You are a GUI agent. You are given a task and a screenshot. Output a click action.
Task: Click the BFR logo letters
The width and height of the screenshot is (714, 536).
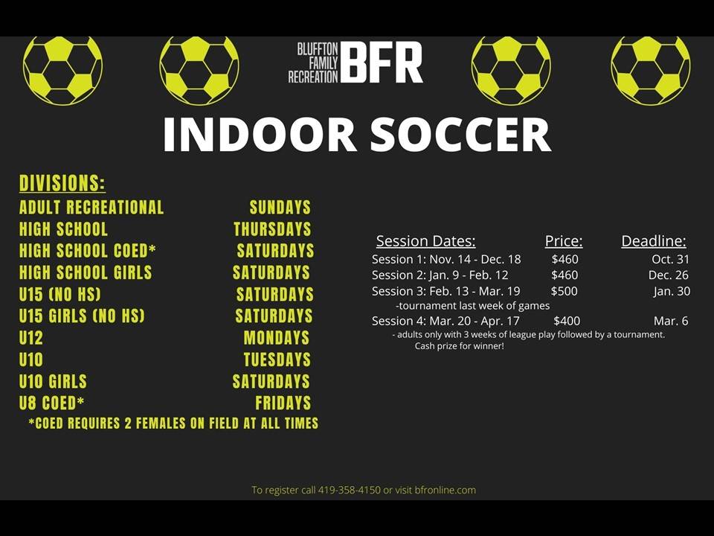click(382, 62)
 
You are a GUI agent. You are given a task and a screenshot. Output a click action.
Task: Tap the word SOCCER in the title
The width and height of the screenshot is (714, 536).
click(460, 134)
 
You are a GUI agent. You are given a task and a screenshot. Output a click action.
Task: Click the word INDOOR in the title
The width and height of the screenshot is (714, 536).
click(260, 135)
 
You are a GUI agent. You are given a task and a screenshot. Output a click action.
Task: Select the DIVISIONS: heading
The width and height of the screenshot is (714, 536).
click(62, 183)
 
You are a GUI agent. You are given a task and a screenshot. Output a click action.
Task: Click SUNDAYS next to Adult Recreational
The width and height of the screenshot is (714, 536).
click(280, 208)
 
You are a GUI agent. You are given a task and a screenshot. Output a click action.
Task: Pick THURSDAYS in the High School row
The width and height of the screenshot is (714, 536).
click(272, 229)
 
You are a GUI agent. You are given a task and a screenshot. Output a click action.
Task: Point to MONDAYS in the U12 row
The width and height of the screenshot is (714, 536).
click(277, 338)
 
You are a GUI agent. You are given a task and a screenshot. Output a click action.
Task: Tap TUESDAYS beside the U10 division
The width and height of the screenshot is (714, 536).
click(277, 360)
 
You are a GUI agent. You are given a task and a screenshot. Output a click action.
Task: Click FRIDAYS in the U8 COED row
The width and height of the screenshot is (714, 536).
click(283, 403)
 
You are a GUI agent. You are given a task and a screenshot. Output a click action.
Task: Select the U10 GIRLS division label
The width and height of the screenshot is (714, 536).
click(53, 381)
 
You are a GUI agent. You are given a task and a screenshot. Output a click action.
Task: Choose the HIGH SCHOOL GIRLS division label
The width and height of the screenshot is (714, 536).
click(86, 272)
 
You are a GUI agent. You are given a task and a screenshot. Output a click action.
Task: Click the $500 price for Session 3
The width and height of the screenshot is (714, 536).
click(565, 291)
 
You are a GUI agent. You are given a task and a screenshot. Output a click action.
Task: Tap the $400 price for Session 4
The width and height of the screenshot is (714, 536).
click(567, 321)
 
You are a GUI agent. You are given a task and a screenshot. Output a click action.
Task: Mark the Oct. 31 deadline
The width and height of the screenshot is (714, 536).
click(670, 259)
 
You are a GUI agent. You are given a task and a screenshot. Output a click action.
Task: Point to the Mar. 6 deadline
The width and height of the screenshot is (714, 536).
click(671, 321)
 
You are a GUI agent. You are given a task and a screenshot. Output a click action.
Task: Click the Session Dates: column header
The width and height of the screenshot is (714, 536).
click(425, 240)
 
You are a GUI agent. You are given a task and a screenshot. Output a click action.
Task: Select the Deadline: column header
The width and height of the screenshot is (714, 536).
click(654, 240)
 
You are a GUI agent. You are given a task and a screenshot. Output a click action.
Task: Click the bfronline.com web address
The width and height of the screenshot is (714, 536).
click(446, 490)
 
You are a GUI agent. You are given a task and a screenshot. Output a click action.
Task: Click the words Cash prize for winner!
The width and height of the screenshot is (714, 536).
click(460, 346)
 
